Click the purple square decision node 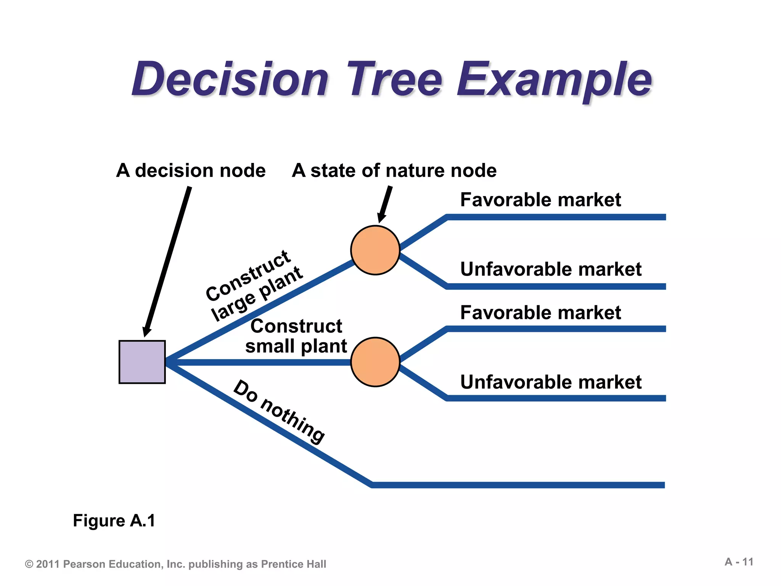coord(142,362)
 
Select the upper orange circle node coord(375,250)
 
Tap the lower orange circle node coord(375,362)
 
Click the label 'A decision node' coord(191,170)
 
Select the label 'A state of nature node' coord(394,170)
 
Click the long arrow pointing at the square coord(168,259)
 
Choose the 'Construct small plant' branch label coord(296,336)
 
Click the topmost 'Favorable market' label coord(540,200)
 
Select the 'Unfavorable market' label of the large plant coord(551,269)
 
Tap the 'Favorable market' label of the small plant coord(540,312)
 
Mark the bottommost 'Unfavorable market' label coord(551,382)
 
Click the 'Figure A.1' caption coord(114,520)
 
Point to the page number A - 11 coord(739,562)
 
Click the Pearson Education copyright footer coord(175,564)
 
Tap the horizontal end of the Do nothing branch coord(519,485)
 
